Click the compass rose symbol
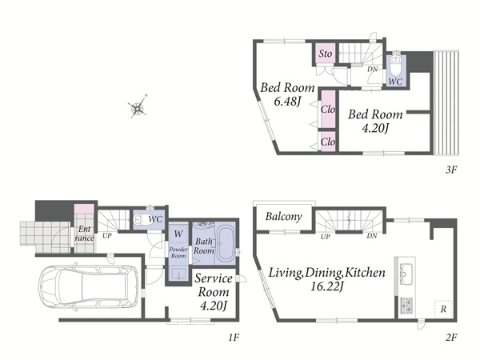coord(138,107)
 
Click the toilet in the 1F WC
coord(142,219)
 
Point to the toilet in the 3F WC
coord(396,66)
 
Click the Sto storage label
coord(325,54)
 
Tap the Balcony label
coord(283,217)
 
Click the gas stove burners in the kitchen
coord(406,306)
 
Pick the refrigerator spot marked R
coord(443,309)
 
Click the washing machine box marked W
coord(178,234)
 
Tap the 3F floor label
coord(451,170)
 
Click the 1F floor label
coord(234,338)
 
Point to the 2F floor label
coord(451,338)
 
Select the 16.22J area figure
coord(326,287)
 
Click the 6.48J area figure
coord(286,102)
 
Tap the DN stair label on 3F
coord(373,69)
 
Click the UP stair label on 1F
coord(107,236)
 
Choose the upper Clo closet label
coord(328,109)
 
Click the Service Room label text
coord(214,285)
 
